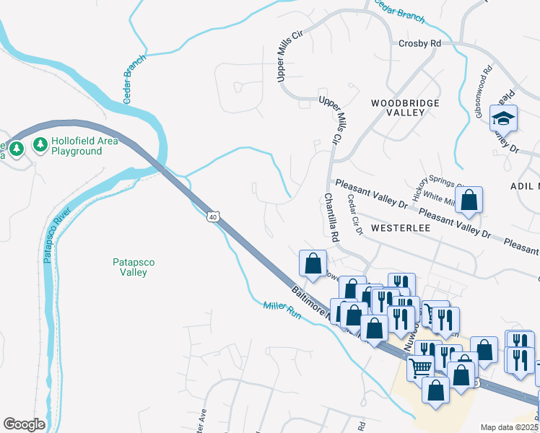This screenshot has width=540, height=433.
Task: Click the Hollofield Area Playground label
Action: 84,146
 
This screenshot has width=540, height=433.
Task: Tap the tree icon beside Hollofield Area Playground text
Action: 40,146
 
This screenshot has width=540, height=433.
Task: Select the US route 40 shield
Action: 212,216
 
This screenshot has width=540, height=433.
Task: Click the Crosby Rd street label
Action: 419,43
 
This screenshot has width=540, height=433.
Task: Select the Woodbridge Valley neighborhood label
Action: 405,108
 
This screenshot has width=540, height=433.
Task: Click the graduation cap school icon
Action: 503,118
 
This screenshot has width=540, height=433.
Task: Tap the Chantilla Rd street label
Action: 331,216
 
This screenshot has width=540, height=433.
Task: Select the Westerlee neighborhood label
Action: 400,227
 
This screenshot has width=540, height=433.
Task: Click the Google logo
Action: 24,424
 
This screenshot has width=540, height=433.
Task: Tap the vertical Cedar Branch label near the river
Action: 134,79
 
